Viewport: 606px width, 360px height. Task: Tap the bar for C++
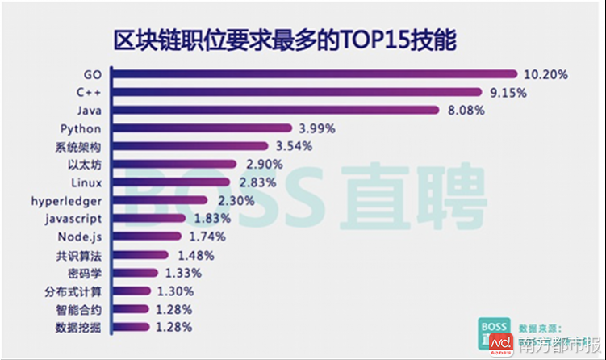pos(295,93)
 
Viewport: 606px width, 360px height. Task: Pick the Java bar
pos(274,111)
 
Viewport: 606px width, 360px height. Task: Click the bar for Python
pos(201,128)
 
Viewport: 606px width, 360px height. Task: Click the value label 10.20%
pos(545,74)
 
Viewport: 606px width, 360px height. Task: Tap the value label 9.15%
pos(508,93)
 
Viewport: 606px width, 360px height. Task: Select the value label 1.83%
pos(212,219)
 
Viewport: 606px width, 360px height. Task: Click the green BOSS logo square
pos(494,333)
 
